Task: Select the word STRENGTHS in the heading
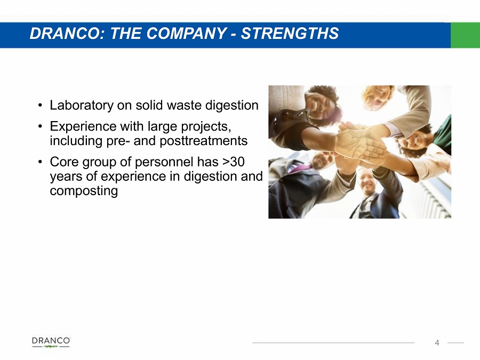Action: (290, 33)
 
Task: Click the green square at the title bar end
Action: (465, 35)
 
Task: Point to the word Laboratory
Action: (82, 106)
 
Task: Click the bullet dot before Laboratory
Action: (40, 106)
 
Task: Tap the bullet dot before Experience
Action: (40, 126)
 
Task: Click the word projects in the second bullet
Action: (206, 127)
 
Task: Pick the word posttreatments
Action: (204, 141)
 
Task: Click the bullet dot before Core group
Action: (40, 162)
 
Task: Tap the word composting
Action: (84, 191)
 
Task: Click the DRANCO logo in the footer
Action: (51, 342)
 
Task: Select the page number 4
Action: (437, 343)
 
